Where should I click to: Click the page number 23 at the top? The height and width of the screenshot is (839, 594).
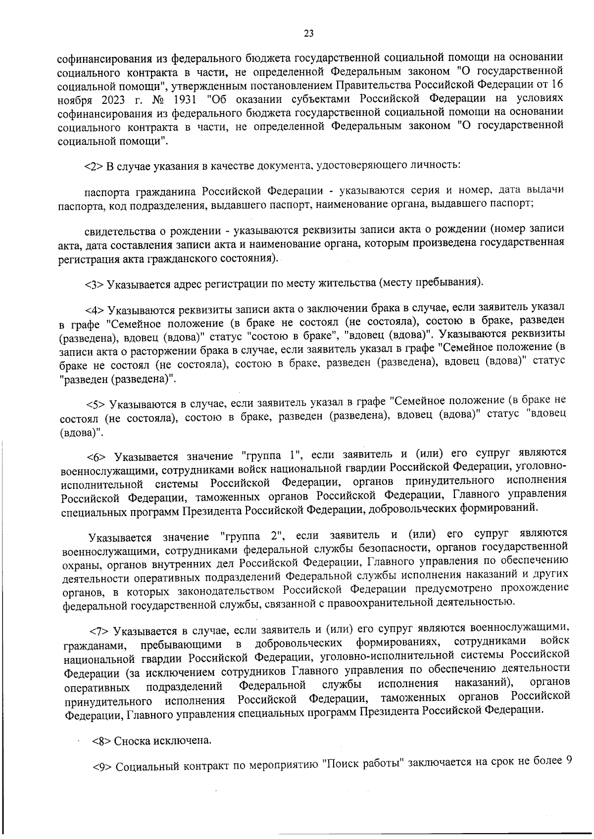tap(308, 34)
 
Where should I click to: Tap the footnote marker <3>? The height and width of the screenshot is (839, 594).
tap(94, 284)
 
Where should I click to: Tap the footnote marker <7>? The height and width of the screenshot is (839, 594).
tap(99, 631)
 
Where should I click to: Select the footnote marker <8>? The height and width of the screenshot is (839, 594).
tap(101, 741)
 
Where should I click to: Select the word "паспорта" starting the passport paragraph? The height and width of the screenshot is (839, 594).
tap(106, 191)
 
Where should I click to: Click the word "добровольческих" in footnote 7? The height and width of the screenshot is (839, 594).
tap(298, 644)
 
